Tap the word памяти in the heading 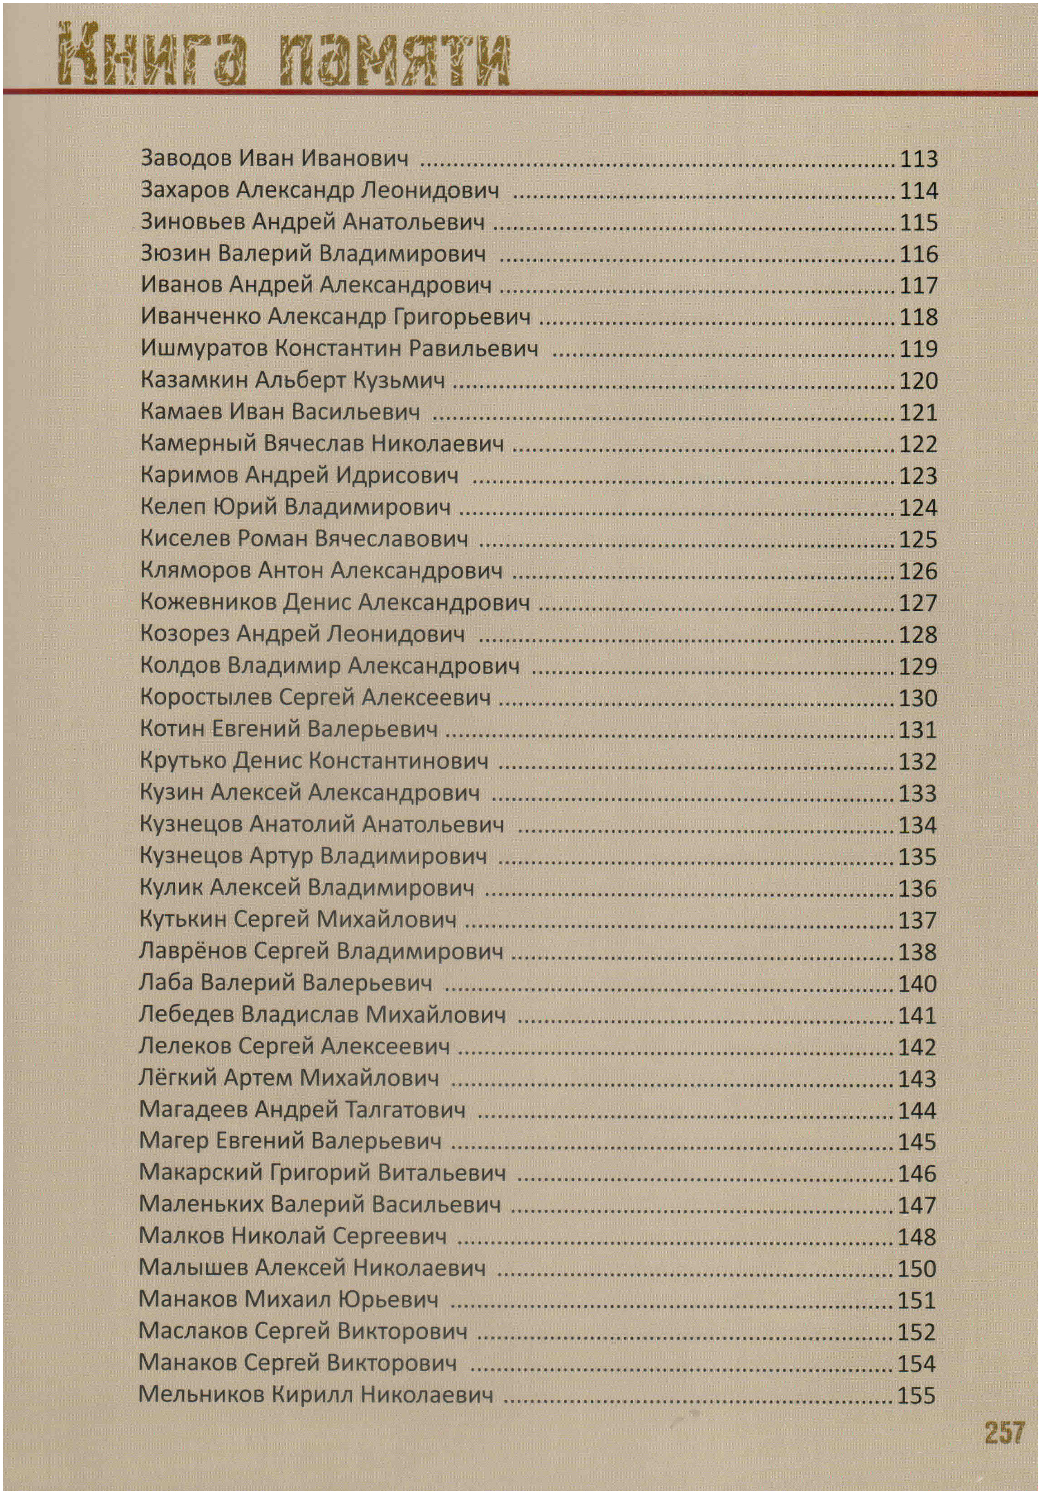tap(394, 58)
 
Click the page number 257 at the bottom tap(1004, 1432)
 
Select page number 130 tap(917, 698)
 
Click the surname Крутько tap(183, 761)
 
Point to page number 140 tap(917, 983)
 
